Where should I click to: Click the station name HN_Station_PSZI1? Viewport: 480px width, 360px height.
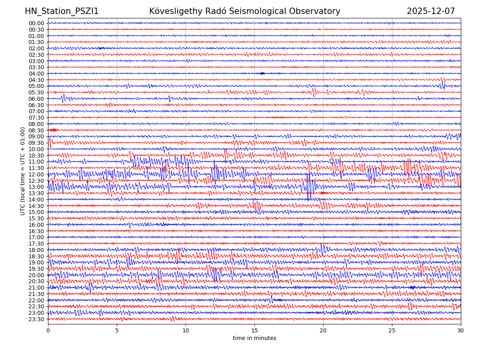coord(62,12)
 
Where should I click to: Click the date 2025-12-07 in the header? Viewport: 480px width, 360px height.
coord(431,12)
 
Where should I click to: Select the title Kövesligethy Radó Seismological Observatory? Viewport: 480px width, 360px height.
coord(244,12)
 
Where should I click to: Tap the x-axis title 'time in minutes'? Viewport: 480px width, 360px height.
coord(254,338)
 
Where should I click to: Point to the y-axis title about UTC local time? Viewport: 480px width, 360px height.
coord(23,171)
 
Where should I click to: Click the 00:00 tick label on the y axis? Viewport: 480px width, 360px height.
coord(36,23)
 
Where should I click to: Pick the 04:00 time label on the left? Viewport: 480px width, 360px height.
coord(36,74)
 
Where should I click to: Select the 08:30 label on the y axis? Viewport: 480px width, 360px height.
coord(36,130)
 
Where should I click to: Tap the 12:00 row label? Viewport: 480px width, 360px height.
coord(36,174)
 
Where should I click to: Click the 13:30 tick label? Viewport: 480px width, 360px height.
coord(36,193)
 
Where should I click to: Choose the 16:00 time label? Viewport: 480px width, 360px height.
coord(36,225)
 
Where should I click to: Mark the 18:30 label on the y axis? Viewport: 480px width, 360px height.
coord(36,256)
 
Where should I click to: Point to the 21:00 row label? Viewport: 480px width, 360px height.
coord(36,288)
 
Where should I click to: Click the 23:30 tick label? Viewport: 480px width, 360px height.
coord(36,319)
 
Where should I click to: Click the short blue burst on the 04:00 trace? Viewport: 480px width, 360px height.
coord(262,73)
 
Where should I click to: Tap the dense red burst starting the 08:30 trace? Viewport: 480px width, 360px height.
coord(53,130)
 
